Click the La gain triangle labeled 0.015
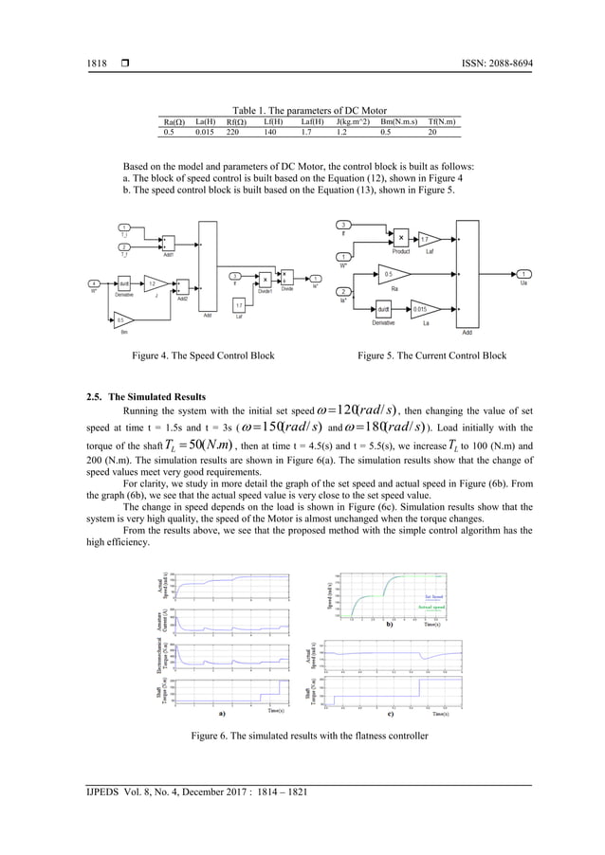pos(420,308)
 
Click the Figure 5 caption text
pos(431,355)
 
